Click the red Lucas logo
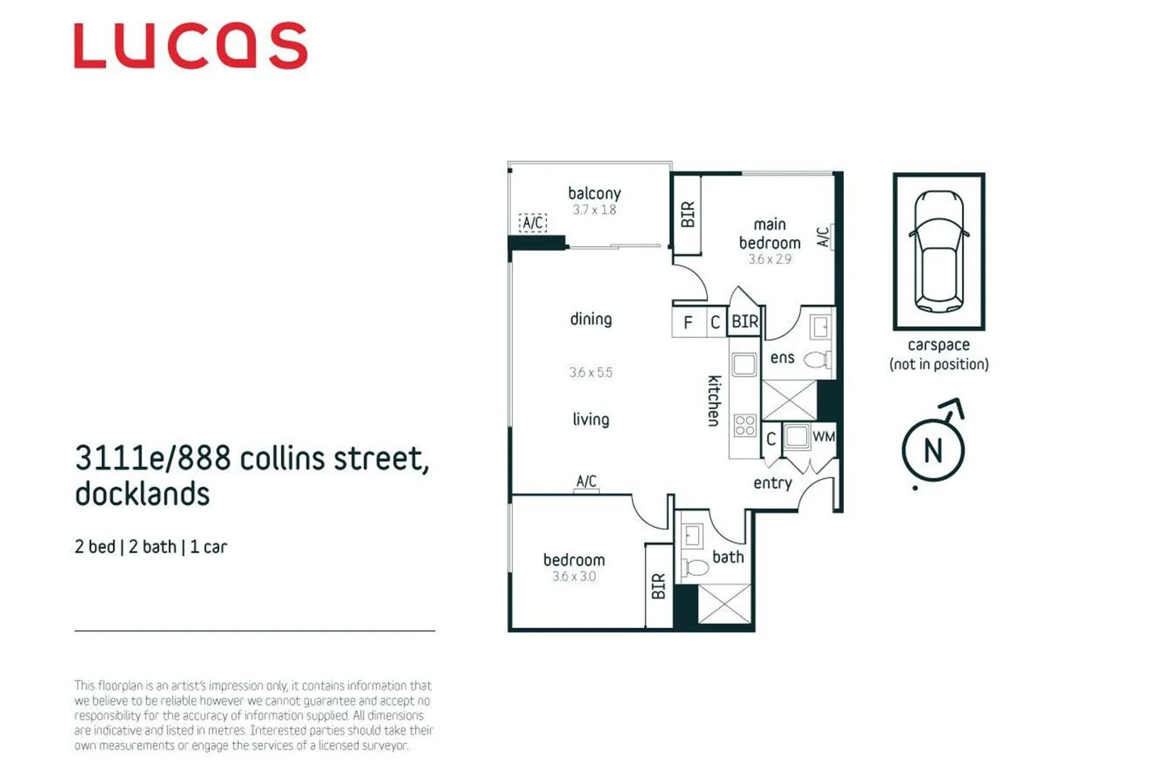click(191, 46)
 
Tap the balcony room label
click(594, 194)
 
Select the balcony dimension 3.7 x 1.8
click(594, 210)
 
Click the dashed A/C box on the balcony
click(532, 223)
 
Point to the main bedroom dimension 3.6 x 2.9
click(770, 259)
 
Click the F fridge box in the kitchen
click(689, 322)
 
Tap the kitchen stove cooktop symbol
click(744, 426)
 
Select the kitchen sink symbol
click(744, 365)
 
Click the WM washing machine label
click(824, 437)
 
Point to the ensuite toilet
click(817, 359)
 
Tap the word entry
click(772, 484)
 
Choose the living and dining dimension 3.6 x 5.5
click(591, 372)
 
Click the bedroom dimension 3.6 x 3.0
click(574, 576)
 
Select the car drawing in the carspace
click(938, 251)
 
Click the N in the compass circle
click(933, 450)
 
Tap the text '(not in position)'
click(938, 365)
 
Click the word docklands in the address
click(142, 494)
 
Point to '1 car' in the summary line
click(208, 546)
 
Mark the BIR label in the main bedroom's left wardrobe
click(687, 214)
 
